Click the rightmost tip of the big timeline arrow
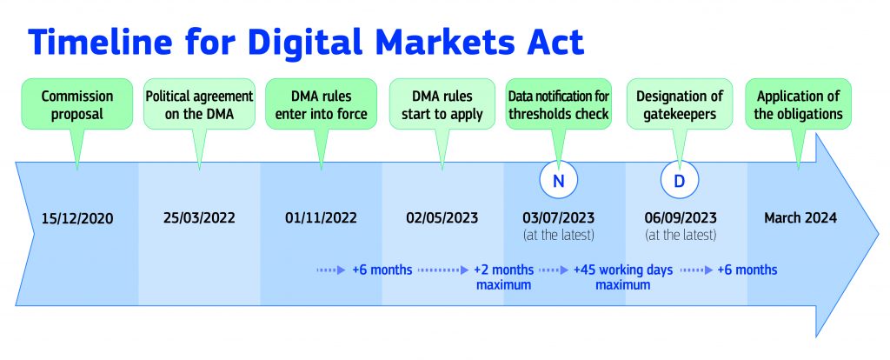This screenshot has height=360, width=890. (880, 235)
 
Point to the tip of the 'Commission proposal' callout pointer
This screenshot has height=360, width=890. (77, 170)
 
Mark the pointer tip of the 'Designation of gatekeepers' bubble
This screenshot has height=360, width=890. (678, 170)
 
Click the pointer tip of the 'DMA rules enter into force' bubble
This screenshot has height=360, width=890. (321, 170)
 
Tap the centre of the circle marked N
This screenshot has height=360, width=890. (558, 180)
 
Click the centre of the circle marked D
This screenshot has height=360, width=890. (680, 180)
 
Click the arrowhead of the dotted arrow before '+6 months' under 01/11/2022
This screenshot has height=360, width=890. (341, 270)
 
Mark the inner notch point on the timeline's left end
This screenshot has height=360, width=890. (35, 234)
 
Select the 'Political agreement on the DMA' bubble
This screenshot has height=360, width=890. (199, 103)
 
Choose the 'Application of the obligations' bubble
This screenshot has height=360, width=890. (798, 103)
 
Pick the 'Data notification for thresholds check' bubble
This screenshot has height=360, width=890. (559, 103)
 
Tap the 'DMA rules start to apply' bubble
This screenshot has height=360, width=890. (442, 103)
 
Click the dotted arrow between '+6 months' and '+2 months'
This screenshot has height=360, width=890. (443, 270)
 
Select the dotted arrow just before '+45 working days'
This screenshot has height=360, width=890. (554, 270)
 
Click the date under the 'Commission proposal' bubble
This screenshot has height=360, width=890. (77, 218)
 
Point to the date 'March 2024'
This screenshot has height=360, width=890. (800, 217)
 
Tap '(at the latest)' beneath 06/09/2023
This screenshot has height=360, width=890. (681, 235)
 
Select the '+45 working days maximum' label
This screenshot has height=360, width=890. (623, 277)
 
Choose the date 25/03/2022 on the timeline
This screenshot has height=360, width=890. (199, 218)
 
